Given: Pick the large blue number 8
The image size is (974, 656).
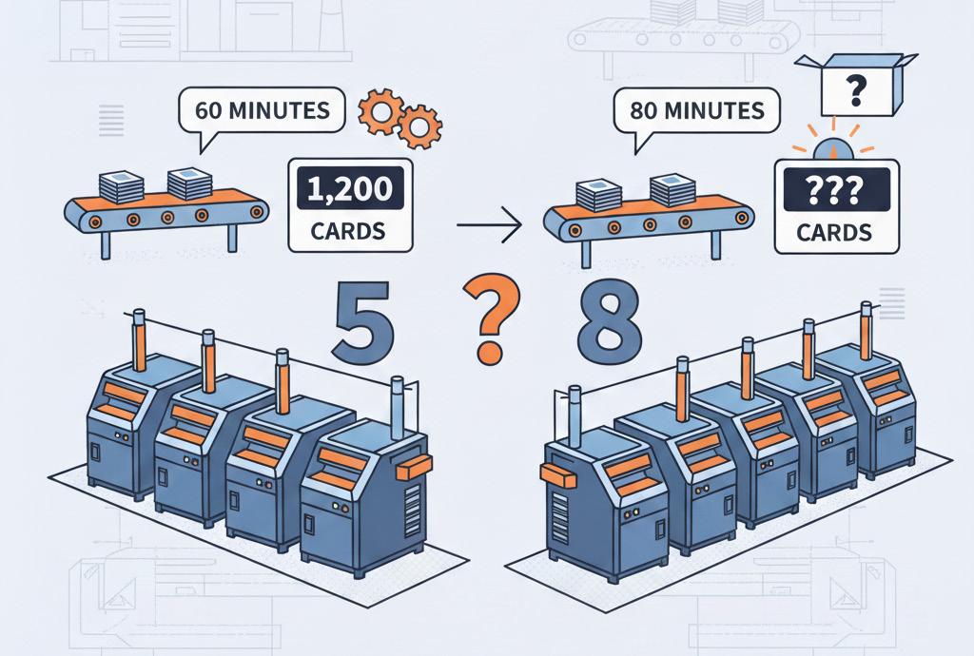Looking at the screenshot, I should pyautogui.click(x=609, y=327).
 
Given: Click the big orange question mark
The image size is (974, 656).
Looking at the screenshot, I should pyautogui.click(x=489, y=318).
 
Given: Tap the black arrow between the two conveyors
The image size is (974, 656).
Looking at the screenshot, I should pyautogui.click(x=489, y=225).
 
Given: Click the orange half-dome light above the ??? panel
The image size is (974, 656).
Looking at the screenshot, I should pyautogui.click(x=833, y=148).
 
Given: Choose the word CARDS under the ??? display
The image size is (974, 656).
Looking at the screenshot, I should pyautogui.click(x=834, y=232).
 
